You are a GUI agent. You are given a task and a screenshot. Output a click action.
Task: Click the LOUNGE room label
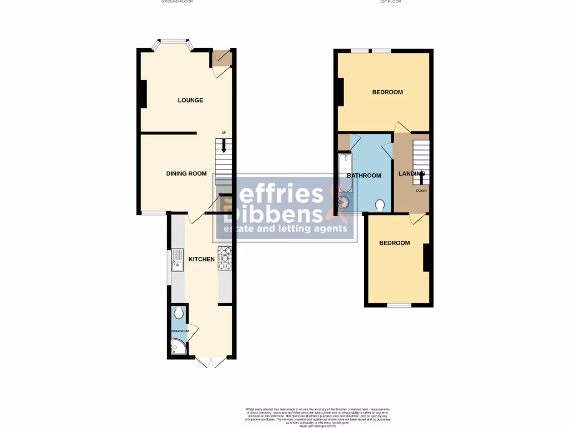tap(190, 100)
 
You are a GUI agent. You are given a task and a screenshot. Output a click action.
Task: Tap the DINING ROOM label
tap(186, 173)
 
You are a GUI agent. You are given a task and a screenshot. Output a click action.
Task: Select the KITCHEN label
tap(202, 259)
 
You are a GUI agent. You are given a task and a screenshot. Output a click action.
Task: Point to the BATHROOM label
tap(364, 176)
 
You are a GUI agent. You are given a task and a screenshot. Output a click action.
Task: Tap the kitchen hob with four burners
tap(225, 258)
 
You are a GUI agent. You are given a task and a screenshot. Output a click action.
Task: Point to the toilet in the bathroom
tap(381, 206)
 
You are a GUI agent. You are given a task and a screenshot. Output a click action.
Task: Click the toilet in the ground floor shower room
tap(178, 313)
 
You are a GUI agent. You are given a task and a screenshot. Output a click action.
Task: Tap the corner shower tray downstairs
tap(178, 349)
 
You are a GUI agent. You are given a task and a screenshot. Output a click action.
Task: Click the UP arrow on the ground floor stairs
tap(224, 146)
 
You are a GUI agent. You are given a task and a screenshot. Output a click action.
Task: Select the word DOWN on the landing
tap(421, 191)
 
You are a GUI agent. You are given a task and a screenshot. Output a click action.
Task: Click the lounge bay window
tap(173, 41)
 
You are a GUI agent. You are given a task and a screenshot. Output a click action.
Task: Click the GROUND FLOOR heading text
tap(177, 2)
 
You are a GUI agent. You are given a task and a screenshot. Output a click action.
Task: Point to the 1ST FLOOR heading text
tap(390, 2)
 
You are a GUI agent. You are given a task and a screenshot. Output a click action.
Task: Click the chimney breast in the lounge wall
tap(143, 94)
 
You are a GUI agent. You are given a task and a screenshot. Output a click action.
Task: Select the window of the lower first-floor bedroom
tap(399, 305)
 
